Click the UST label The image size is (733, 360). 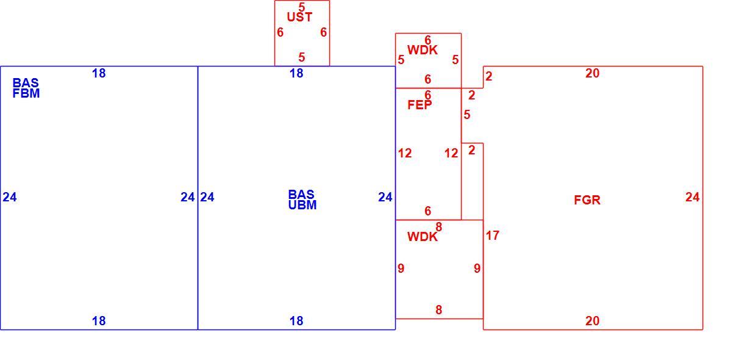(x=299, y=17)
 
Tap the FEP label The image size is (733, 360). (x=420, y=105)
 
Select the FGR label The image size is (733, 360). (x=587, y=200)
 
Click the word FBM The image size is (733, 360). (x=26, y=93)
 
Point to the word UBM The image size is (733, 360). (x=302, y=205)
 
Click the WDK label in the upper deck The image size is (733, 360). (x=422, y=50)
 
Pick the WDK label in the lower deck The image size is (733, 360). (x=422, y=237)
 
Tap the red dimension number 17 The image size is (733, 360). (x=493, y=236)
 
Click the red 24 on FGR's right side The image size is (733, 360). (x=692, y=197)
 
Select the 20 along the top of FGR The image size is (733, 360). (x=592, y=73)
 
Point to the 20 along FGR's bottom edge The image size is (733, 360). (x=592, y=321)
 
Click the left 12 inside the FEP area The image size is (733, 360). (x=405, y=153)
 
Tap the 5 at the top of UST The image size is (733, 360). (x=302, y=7)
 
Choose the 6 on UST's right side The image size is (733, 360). (x=323, y=32)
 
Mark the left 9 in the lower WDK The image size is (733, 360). (x=401, y=268)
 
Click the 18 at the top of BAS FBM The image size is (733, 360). (x=99, y=73)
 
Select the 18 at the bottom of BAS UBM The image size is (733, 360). (x=296, y=321)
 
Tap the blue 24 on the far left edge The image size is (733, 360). (x=10, y=197)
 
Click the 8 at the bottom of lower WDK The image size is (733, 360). (x=439, y=309)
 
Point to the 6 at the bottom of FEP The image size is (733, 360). (x=427, y=211)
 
